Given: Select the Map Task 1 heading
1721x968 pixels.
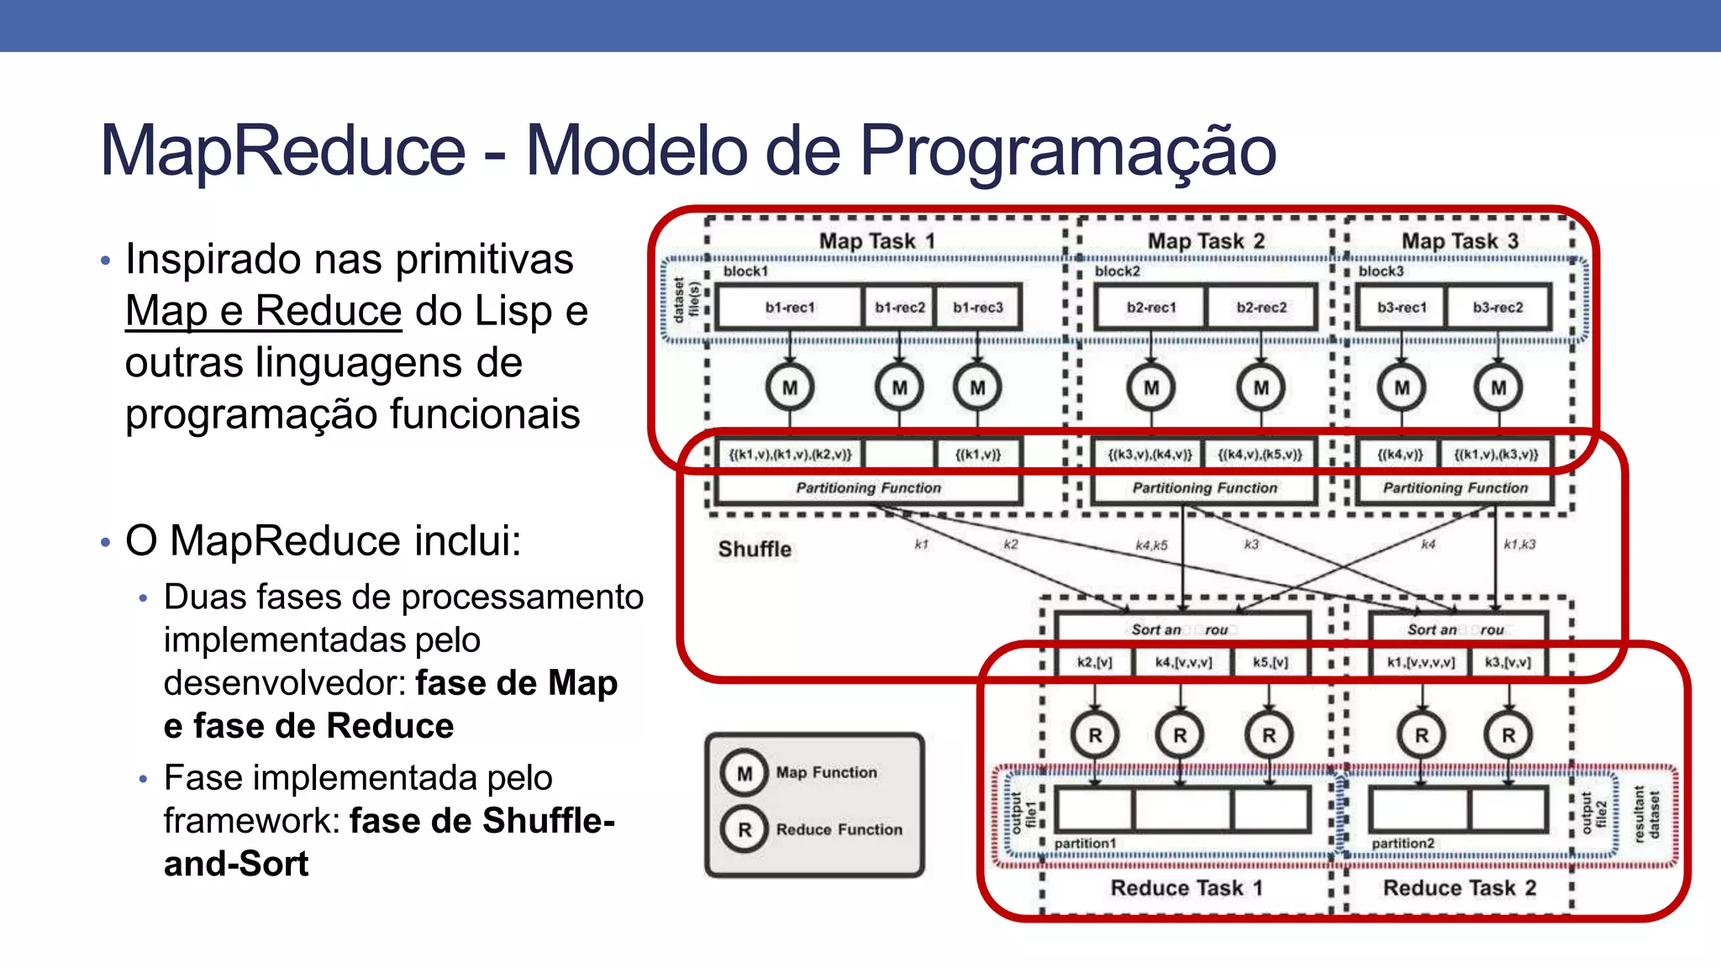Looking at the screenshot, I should point(876,241).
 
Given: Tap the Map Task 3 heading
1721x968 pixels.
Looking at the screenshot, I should point(1460,241).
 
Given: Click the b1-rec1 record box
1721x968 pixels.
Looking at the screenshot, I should point(789,308).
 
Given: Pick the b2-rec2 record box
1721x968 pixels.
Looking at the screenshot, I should point(1260,308).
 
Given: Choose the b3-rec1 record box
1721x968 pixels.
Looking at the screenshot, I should point(1401,308).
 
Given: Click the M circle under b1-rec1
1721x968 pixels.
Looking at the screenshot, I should point(790,387).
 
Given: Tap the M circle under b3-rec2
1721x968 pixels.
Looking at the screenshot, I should point(1498,387).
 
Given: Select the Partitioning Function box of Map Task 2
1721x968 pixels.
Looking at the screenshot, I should point(1204,488).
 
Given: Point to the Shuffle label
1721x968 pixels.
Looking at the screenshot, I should point(755,550).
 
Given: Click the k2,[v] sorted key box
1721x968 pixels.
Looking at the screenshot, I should point(1094,662).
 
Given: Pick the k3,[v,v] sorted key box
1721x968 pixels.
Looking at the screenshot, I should point(1508,662).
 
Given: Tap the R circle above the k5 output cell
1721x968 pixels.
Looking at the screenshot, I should point(1269,735).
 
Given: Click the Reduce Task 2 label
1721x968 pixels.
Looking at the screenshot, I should point(1460,888).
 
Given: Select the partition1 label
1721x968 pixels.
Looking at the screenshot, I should point(1085,844).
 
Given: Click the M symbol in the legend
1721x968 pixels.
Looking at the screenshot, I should point(745,773).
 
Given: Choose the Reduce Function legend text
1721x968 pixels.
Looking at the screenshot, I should point(839,830).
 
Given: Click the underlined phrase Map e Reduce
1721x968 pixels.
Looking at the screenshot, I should point(263,311).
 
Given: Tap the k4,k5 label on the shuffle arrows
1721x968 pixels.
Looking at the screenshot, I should point(1151,545).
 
